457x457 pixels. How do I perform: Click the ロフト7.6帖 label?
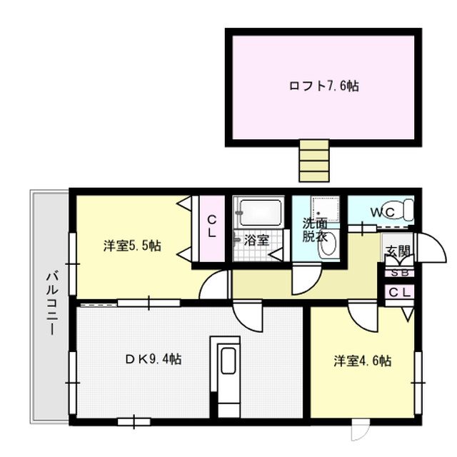[x=323, y=86]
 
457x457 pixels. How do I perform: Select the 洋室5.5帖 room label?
[x=131, y=246]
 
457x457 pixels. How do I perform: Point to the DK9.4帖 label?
[x=154, y=359]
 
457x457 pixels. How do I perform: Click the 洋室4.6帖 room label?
[x=362, y=361]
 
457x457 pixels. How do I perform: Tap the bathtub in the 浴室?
[x=261, y=212]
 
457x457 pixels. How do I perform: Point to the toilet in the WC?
[x=402, y=210]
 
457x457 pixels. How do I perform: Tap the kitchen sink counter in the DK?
[x=228, y=375]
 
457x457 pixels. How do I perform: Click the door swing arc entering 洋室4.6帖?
[x=361, y=315]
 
